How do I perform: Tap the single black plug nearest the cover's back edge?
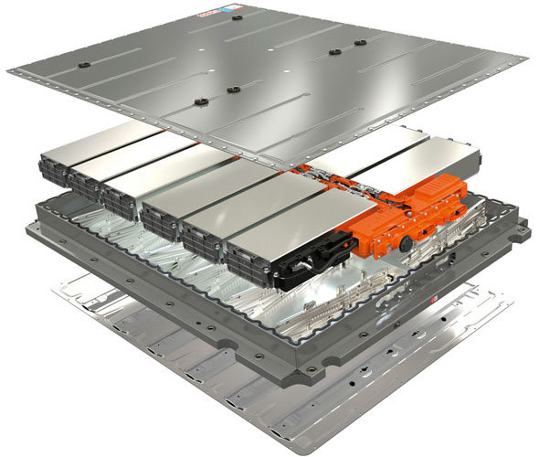click(237, 16)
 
